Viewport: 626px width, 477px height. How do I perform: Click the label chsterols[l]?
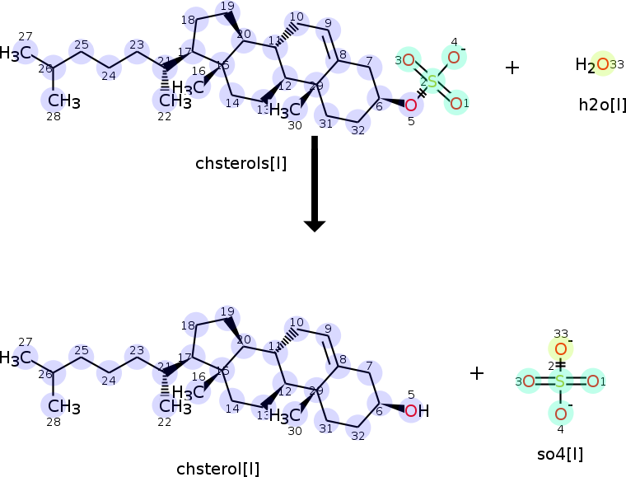[x=241, y=163]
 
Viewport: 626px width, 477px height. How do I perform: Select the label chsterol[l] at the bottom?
[x=217, y=469]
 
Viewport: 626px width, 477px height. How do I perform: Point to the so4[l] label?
[x=559, y=453]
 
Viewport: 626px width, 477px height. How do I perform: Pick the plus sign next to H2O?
[x=512, y=68]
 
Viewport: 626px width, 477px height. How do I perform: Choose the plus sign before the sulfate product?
[x=476, y=373]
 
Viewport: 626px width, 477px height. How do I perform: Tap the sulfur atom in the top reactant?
[x=432, y=80]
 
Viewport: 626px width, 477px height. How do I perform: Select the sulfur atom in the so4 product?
[x=560, y=381]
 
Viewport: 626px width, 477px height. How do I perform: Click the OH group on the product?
[x=416, y=409]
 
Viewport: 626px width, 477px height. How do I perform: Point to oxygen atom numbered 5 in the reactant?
[x=411, y=105]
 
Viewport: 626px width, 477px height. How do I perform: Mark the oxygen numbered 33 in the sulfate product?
[x=560, y=349]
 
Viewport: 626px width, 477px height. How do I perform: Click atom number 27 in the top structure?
[x=26, y=52]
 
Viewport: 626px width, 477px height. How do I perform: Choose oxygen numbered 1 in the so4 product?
[x=591, y=381]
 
